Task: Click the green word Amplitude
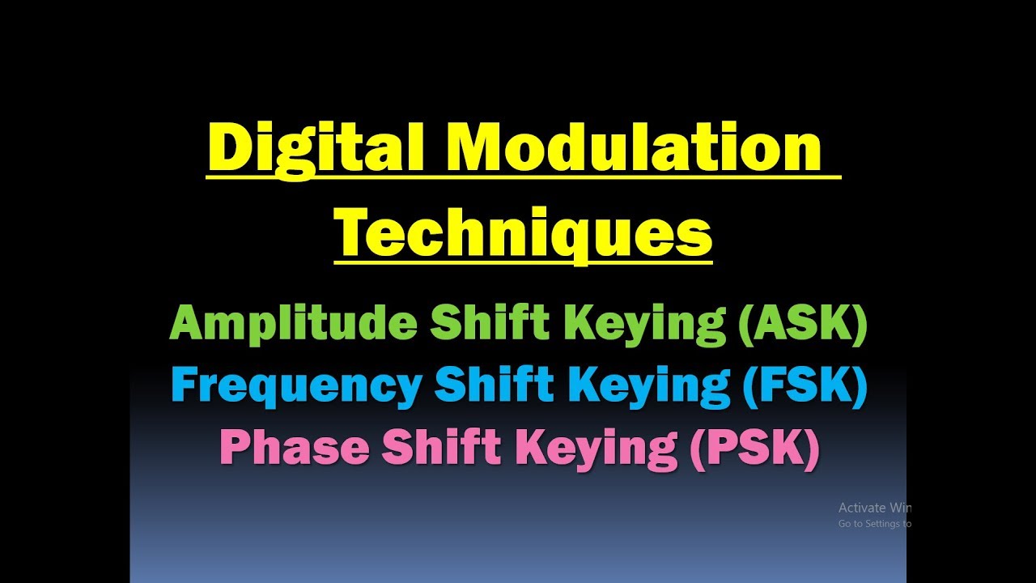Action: point(293,325)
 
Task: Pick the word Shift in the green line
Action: point(486,325)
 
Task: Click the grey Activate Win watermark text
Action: point(874,508)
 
